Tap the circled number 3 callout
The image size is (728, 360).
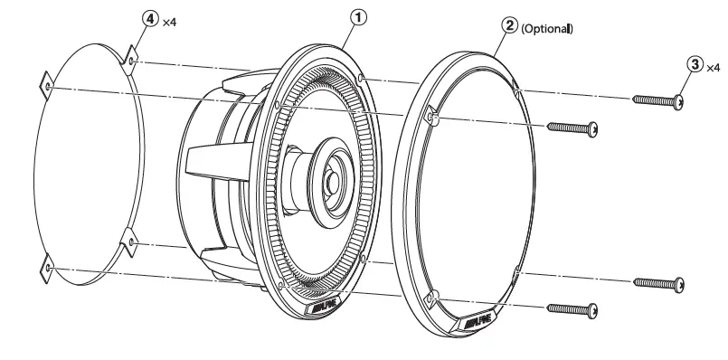[x=695, y=64]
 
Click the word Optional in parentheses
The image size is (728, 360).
[x=547, y=29]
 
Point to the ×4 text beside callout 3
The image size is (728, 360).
[x=712, y=66]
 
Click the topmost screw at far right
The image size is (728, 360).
[x=659, y=101]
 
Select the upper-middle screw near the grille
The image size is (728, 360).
[x=573, y=128]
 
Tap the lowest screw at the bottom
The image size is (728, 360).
[x=572, y=308]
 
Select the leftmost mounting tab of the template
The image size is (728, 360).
[x=47, y=87]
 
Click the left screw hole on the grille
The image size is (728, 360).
[x=431, y=117]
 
